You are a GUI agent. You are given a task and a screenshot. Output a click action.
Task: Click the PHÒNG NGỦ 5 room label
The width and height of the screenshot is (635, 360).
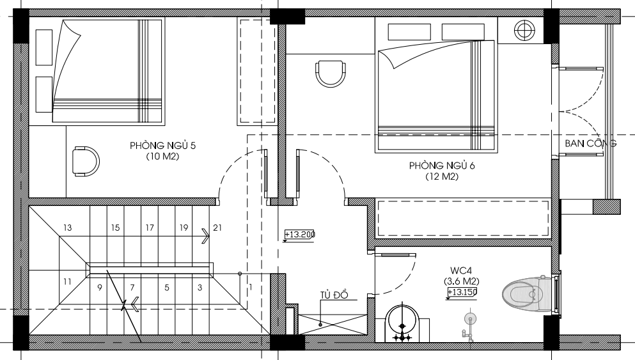162,145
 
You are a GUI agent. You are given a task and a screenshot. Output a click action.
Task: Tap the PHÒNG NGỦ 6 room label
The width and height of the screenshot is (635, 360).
442,166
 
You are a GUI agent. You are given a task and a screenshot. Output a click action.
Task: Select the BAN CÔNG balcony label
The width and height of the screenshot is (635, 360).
590,143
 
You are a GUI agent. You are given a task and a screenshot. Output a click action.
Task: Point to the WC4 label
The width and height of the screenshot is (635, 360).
461,270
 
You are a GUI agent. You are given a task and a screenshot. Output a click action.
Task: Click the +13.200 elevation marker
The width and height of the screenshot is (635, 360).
300,235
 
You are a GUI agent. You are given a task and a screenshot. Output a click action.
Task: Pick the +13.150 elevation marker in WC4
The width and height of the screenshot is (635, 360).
462,292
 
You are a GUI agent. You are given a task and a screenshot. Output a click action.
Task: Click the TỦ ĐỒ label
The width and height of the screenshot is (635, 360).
334,294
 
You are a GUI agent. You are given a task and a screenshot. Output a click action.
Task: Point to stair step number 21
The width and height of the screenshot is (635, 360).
217,228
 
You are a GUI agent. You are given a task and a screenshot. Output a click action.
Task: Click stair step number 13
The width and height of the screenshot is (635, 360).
67,228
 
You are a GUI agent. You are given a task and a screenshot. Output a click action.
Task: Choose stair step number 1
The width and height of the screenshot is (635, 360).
251,287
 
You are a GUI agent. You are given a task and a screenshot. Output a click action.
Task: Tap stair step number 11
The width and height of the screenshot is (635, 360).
67,281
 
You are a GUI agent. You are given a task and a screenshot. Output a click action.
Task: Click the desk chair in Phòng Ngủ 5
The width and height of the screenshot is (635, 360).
86,162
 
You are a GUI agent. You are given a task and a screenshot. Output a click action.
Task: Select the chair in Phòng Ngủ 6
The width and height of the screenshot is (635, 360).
331,73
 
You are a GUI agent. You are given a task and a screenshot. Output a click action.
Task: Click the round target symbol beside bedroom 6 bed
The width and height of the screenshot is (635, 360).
524,30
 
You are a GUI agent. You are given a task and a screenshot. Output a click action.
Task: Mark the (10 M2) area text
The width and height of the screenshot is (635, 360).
162,156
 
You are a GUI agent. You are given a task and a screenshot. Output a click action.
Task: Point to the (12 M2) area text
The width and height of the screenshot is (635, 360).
442,176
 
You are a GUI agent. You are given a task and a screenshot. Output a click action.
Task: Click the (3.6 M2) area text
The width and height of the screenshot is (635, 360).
461,281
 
